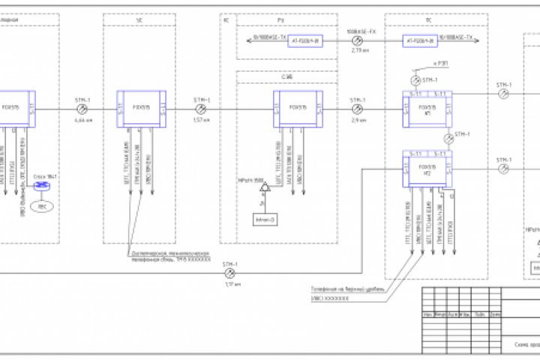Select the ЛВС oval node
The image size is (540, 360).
(x=42, y=205)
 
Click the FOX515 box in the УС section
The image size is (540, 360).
(x=140, y=109)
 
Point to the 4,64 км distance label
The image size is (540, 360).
(x=83, y=120)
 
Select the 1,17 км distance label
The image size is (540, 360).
(x=230, y=283)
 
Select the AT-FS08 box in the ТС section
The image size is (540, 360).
(x=420, y=40)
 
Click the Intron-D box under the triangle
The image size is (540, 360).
(x=264, y=219)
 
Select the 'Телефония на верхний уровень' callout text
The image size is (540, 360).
(x=346, y=288)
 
